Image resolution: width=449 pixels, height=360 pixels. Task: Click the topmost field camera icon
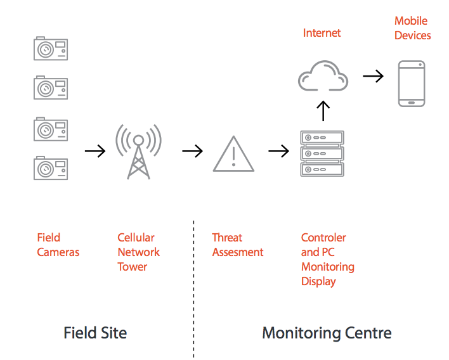coord(51,49)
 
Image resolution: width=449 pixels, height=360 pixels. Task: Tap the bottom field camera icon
coord(51,169)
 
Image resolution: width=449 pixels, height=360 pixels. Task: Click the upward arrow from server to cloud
coord(323,110)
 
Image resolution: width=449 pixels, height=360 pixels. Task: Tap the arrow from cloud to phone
coord(373,76)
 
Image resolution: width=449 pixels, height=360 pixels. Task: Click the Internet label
coord(322,33)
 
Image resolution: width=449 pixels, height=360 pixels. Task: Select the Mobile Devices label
coord(412,29)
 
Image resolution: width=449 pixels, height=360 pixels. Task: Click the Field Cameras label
coord(58,245)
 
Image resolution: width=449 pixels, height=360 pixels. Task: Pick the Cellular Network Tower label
coord(138,252)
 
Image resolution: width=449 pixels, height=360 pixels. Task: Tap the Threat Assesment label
coord(238,245)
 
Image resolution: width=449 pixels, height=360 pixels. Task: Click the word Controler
coord(323,238)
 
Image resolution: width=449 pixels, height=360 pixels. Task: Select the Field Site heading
coord(95,333)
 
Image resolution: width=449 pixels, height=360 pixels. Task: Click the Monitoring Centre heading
coord(327,333)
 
